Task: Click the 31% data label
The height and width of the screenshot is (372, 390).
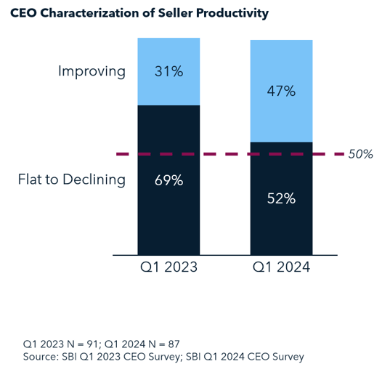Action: pos(168,71)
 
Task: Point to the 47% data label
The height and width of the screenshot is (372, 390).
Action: pos(281,92)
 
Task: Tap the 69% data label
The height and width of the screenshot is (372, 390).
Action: pos(168,179)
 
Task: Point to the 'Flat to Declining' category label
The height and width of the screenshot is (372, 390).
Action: pos(71,179)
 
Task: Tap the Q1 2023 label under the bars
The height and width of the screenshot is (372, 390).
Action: pos(168,267)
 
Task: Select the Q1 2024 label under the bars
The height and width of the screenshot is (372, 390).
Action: pos(281,267)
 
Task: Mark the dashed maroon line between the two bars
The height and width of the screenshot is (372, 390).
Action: pos(225,154)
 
